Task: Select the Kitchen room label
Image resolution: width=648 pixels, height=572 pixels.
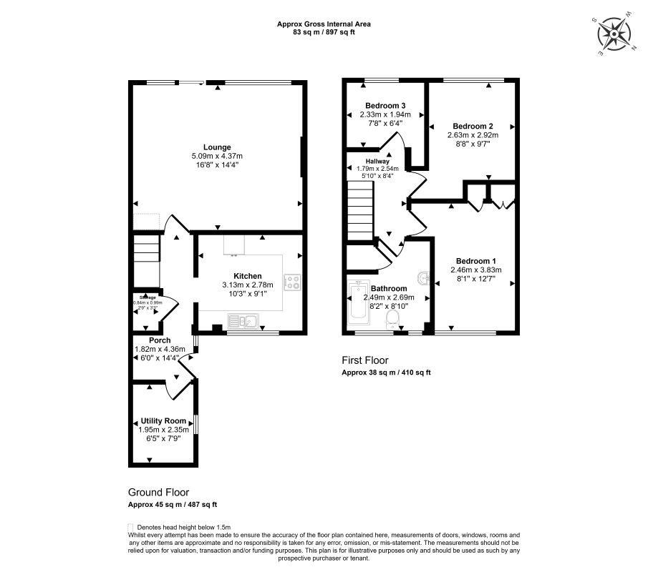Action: click(247, 276)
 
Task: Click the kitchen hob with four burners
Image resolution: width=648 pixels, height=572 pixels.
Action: click(291, 282)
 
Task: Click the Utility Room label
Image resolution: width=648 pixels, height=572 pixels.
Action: click(163, 420)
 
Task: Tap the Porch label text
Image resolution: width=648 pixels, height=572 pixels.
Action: click(159, 340)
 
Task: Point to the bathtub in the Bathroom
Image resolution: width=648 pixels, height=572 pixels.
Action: click(357, 305)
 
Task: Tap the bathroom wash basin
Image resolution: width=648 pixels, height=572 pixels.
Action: click(422, 277)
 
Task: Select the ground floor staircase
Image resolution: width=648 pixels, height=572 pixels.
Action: click(145, 262)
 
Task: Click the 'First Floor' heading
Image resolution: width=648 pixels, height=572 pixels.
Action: click(364, 360)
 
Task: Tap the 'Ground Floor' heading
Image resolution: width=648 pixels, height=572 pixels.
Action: click(158, 492)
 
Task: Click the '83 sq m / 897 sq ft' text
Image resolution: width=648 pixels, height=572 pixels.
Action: click(324, 32)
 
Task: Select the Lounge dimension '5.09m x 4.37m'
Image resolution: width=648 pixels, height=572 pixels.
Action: click(218, 156)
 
